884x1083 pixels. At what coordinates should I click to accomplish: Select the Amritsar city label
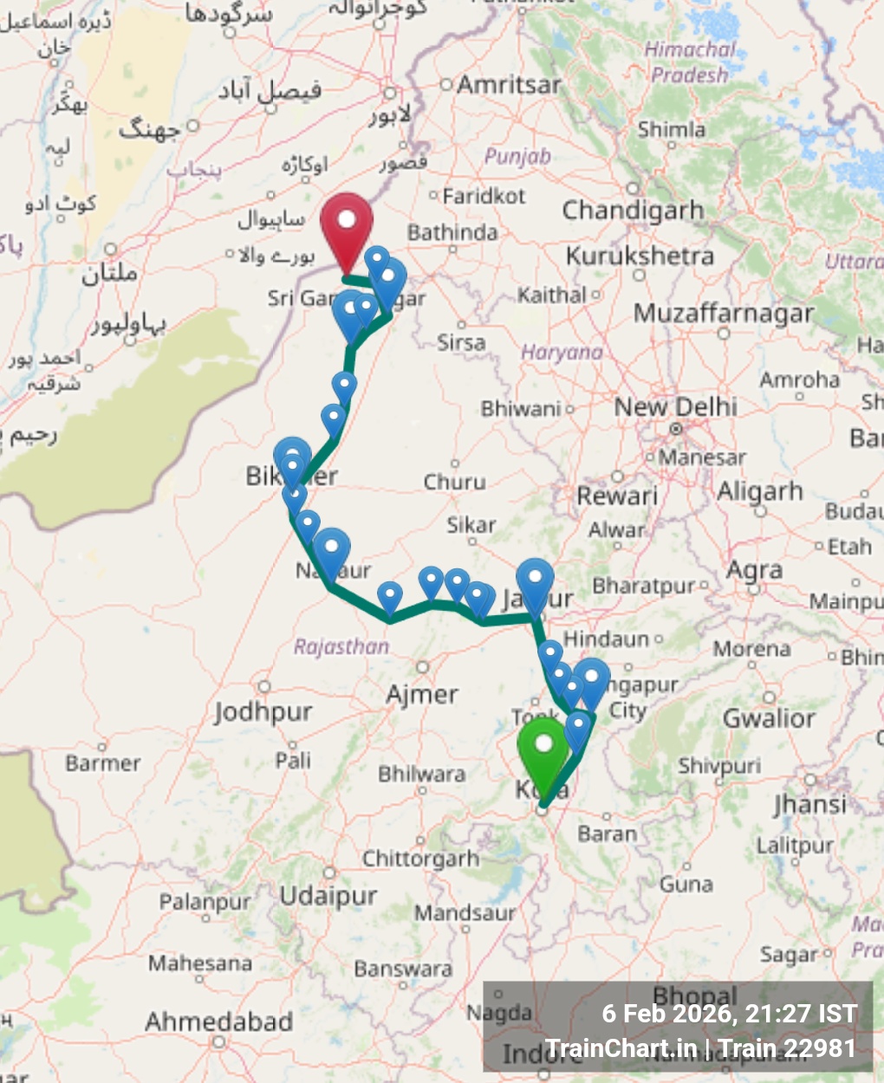click(x=509, y=85)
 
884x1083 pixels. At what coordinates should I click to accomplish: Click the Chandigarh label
click(x=633, y=211)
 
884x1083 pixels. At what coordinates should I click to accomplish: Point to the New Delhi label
click(x=676, y=406)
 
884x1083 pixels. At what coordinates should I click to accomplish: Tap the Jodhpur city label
click(x=263, y=712)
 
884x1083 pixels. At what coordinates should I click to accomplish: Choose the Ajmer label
click(x=422, y=694)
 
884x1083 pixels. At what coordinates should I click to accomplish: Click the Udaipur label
click(x=328, y=895)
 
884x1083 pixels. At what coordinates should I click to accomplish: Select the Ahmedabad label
click(x=218, y=1021)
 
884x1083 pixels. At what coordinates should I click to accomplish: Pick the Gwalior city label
click(x=769, y=718)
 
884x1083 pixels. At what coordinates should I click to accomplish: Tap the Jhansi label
click(x=809, y=804)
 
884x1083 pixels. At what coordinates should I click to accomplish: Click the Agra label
click(x=754, y=570)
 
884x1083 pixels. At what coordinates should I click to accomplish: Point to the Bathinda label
click(x=452, y=232)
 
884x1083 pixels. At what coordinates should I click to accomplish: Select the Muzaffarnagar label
click(x=724, y=313)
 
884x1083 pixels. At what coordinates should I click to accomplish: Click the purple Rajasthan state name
click(x=341, y=646)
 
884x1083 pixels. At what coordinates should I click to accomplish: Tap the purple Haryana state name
click(x=562, y=353)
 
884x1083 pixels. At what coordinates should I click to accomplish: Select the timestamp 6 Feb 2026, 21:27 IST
click(x=730, y=1014)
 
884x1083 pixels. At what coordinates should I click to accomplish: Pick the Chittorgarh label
click(x=420, y=859)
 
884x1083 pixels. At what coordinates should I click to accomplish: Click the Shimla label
click(x=672, y=130)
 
